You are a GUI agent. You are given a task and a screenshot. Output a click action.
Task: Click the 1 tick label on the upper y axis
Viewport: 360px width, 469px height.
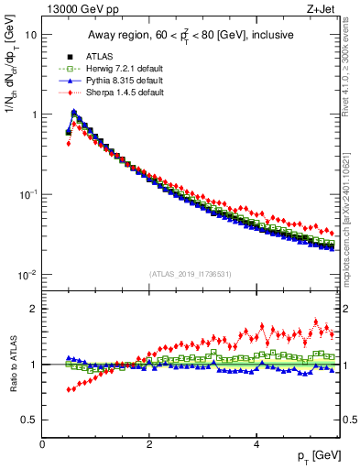(33, 115)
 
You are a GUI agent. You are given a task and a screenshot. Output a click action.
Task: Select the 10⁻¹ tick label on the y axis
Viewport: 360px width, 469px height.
(27, 194)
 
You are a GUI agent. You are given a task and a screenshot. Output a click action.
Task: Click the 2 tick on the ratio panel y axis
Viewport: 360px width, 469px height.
(33, 309)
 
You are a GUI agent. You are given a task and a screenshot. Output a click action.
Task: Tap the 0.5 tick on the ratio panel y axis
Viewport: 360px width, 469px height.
(29, 420)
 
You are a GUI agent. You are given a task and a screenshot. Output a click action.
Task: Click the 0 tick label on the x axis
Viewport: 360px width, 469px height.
(42, 443)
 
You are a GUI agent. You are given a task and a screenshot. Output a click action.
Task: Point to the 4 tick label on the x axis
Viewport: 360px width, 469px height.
(256, 443)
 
